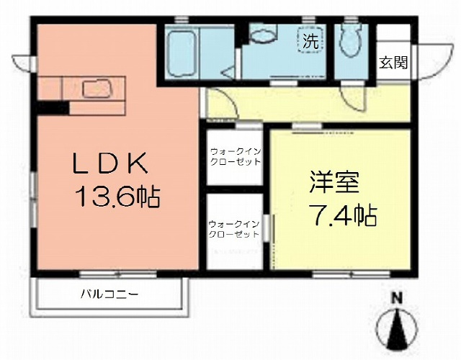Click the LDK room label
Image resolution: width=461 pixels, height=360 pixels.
pos(110,163)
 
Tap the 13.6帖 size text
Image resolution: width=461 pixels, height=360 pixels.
pos(118,197)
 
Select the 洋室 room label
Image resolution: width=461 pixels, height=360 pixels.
pos(334,182)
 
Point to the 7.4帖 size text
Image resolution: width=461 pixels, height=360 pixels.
pos(342,216)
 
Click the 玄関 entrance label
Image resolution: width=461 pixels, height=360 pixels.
pos(393,63)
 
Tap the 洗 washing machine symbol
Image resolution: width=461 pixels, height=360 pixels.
pos(311,40)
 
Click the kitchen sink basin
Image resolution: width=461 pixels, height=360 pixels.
pos(97,89)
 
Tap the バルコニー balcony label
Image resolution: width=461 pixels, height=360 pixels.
pos(109,294)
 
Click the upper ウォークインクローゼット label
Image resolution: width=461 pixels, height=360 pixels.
pos(236,157)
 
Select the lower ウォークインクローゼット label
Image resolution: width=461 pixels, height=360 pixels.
pos(233,229)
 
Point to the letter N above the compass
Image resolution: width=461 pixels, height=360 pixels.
pos(397,299)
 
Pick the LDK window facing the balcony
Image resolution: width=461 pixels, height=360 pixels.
pos(118,274)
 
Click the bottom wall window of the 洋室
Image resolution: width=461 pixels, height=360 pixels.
pos(351,274)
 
